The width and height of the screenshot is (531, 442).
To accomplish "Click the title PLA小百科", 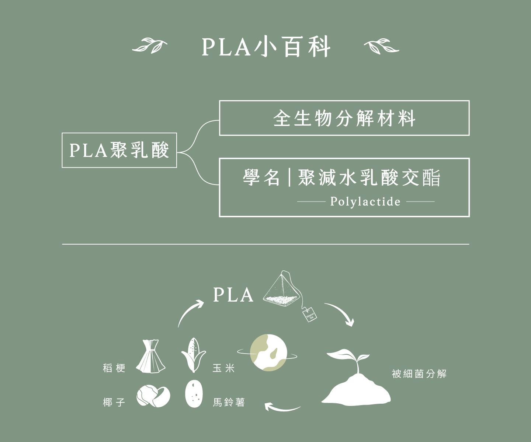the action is coord(265,47).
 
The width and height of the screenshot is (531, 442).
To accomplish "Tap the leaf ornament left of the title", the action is coord(149,45).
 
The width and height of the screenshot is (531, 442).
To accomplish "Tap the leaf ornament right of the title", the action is coord(381,46).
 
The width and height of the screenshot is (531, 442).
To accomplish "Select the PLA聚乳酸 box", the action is coord(119,150).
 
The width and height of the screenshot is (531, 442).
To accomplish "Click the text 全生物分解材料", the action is coord(344,118).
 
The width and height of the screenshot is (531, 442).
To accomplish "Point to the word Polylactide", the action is coord(365,201).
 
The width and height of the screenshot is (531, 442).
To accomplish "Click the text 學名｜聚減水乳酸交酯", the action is coord(341,178).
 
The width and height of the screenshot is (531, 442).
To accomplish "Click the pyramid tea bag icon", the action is coord(282,290).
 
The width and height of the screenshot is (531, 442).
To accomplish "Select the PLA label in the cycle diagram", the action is coord(233,295).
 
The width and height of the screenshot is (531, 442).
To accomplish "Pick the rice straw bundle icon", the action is coord(150,357).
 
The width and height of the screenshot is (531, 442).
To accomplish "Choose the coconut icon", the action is coord(153,396).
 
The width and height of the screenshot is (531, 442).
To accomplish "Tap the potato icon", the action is coord(194,394).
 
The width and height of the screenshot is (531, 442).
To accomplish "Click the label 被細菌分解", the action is coord(419,374).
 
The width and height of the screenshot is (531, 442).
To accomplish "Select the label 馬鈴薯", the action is coord(229,402).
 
